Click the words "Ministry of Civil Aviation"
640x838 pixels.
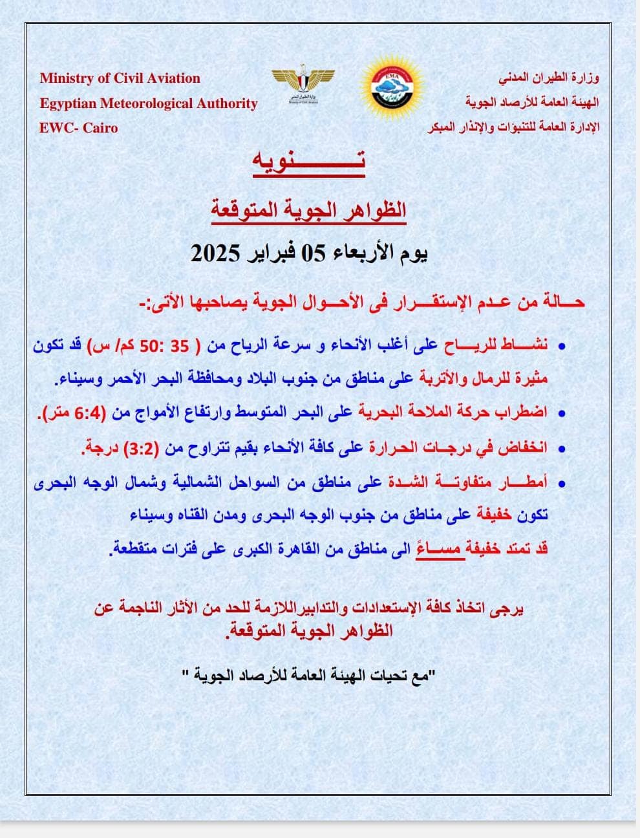point(120,78)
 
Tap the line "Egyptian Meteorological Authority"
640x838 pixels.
point(149,103)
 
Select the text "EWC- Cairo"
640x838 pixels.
point(79,127)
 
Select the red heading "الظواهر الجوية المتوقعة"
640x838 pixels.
point(309,210)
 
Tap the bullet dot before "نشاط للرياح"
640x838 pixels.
point(561,347)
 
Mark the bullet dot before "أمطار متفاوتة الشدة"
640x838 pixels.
point(561,483)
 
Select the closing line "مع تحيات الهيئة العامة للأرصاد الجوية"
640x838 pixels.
point(310,676)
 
